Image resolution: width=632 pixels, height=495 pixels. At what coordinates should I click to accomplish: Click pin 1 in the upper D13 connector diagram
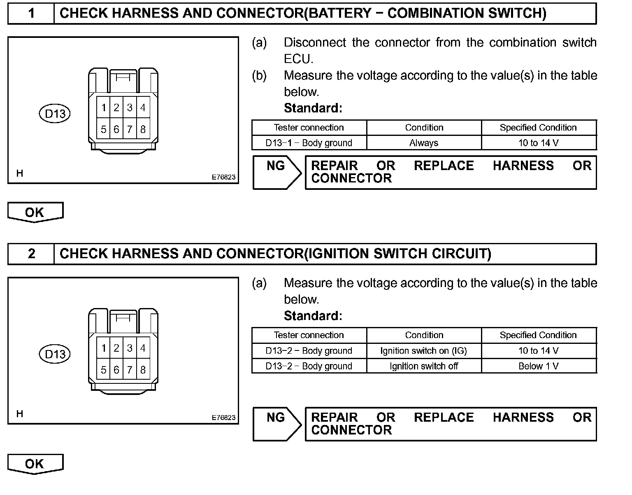[x=103, y=108]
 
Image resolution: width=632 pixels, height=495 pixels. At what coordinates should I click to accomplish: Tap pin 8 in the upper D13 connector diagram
[x=143, y=129]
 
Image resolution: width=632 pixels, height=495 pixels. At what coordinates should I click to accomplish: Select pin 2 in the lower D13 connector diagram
[x=116, y=348]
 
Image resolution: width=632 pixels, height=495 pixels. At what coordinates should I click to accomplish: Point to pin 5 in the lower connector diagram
[x=103, y=370]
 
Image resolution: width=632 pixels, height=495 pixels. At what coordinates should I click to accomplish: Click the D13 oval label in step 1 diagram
[x=55, y=113]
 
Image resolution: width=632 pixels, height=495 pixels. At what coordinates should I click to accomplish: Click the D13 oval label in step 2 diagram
[x=55, y=354]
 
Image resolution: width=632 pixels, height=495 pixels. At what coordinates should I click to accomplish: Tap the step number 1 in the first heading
[x=31, y=14]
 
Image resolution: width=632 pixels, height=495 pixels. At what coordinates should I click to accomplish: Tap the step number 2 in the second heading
[x=31, y=254]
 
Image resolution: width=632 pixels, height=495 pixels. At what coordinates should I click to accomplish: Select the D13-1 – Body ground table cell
[x=309, y=143]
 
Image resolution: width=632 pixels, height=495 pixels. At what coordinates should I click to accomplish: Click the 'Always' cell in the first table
[x=424, y=143]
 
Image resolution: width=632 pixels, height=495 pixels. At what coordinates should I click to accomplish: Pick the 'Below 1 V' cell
[x=539, y=366]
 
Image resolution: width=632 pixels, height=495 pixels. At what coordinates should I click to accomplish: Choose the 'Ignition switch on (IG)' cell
[x=424, y=351]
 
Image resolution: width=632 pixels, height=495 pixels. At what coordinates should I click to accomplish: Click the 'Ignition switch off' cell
[x=424, y=366]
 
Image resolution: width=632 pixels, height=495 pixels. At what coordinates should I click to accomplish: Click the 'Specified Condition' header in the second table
[x=539, y=335]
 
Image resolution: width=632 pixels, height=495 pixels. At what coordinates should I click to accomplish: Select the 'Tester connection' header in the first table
[x=309, y=128]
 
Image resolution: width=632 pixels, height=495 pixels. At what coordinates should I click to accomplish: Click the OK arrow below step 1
[x=35, y=212]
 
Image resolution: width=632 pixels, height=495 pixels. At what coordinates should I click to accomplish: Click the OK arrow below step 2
[x=35, y=464]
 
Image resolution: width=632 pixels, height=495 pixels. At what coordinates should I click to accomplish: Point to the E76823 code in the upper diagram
[x=223, y=177]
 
